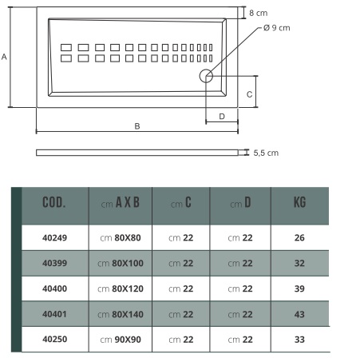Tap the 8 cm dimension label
click(259, 13)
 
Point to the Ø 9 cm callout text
click(277, 28)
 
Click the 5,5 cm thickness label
click(266, 153)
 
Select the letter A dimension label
click(4, 57)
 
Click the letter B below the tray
click(137, 126)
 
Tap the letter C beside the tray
click(249, 94)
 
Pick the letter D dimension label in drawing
click(222, 117)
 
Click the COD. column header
click(54, 202)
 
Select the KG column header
click(299, 202)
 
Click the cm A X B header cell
click(121, 203)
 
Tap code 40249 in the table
click(54, 237)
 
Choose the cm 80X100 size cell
click(121, 263)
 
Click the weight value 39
click(299, 288)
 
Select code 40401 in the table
click(54, 314)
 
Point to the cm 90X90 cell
click(121, 340)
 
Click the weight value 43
click(299, 314)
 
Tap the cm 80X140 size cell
click(121, 314)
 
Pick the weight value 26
click(299, 237)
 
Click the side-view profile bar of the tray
click(137, 153)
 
